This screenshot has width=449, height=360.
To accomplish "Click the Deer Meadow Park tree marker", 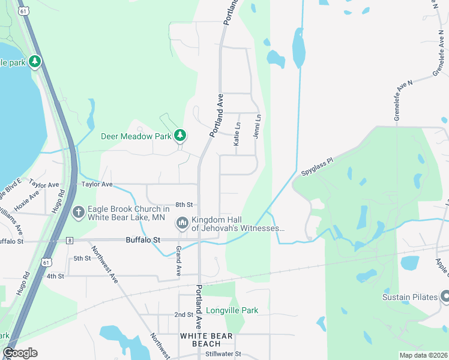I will [x=179, y=136].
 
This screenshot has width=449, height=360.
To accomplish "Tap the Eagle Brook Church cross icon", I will [x=78, y=212].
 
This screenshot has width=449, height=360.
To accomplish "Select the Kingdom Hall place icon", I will [x=182, y=223].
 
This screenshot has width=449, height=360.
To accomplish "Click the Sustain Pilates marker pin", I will [x=445, y=296].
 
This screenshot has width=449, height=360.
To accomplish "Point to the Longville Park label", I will [x=232, y=311].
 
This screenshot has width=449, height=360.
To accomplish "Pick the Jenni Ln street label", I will [x=257, y=127].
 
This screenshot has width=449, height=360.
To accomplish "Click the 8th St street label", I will [x=183, y=205].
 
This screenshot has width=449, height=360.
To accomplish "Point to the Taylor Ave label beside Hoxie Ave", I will [x=44, y=185].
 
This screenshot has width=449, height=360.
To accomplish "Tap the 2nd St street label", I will [x=184, y=314].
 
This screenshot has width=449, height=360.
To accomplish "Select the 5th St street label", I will [x=82, y=259].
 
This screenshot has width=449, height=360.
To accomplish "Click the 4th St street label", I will [x=55, y=276].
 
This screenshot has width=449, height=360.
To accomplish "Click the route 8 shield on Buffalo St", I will [x=70, y=241].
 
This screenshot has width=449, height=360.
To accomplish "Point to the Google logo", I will [x=20, y=353].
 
